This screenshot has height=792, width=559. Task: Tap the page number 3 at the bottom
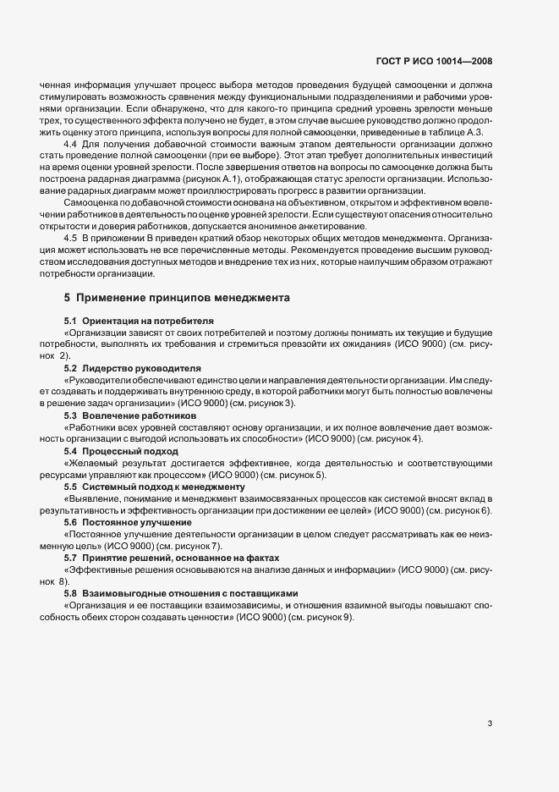490,723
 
